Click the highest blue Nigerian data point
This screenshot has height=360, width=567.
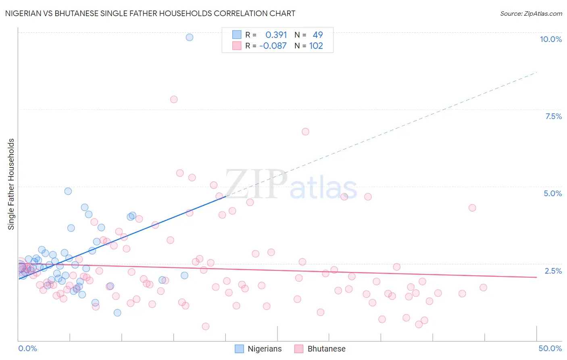coord(190,37)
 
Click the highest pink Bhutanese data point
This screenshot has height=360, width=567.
coord(174,99)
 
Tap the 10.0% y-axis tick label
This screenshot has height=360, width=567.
coord(550,39)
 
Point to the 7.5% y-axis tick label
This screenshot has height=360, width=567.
coord(553,116)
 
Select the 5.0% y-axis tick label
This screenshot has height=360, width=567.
coord(552,193)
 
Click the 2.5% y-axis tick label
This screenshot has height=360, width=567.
coord(553,271)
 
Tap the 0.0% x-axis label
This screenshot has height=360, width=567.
coord(27,348)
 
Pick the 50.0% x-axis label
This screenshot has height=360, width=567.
coord(550,348)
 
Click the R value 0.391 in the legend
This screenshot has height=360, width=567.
coord(276,35)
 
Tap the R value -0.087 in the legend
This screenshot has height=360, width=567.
coord(273,46)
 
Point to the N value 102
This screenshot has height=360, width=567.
coord(316,46)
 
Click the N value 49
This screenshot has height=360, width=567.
coord(318,35)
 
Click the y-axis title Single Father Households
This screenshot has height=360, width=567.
coord(11,184)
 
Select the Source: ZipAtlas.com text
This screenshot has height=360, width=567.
coord(531,13)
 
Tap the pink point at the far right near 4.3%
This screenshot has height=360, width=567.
coord(472,208)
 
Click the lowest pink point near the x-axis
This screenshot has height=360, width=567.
coord(206,327)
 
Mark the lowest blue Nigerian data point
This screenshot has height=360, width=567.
coord(117,313)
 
